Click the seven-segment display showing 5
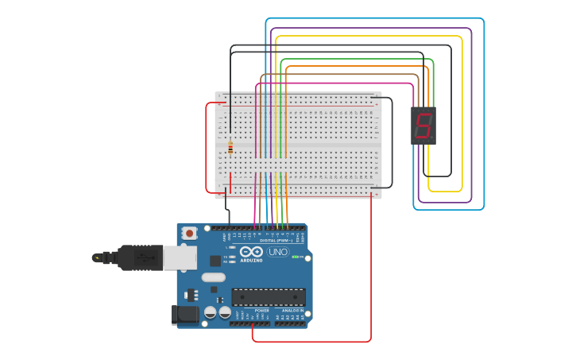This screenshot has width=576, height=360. (423, 125)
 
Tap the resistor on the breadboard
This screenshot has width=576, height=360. (230, 147)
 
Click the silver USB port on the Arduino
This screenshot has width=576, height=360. (180, 257)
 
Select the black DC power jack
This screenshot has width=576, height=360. (185, 315)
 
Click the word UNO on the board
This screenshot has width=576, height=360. (278, 252)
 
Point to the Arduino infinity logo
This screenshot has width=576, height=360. (251, 251)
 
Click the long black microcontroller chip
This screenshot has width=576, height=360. (268, 297)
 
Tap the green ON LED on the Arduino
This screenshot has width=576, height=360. (295, 257)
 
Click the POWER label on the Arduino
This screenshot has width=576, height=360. (250, 310)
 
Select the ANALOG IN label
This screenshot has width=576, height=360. (290, 310)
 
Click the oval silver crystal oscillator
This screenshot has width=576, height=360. (213, 277)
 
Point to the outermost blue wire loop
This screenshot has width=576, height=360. (483, 119)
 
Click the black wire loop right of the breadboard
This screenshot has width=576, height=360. (392, 143)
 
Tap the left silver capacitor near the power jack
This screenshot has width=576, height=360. (211, 312)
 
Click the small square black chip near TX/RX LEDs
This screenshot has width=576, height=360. (215, 260)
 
